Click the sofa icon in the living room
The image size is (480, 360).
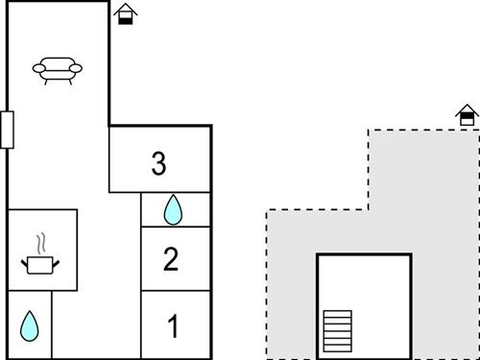[x=57, y=70]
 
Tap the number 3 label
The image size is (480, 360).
[x=159, y=163]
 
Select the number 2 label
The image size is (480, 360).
[x=171, y=259]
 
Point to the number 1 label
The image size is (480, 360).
[x=173, y=327]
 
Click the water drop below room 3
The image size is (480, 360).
[x=173, y=209]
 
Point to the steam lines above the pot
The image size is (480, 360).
[x=40, y=242]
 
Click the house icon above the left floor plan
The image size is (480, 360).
[x=125, y=14]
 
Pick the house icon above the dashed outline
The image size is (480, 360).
[x=467, y=115]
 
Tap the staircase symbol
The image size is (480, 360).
[x=337, y=330]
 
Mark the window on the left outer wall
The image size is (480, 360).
[x=7, y=130]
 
